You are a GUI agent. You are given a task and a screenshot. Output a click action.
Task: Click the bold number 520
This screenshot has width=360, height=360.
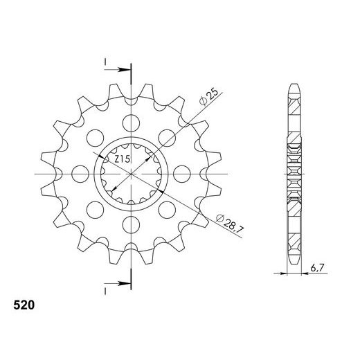click(24, 305)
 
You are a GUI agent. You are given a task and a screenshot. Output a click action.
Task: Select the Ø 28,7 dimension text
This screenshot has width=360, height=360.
click(230, 223)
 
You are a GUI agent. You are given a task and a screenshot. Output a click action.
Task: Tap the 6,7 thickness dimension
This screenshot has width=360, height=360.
click(318, 268)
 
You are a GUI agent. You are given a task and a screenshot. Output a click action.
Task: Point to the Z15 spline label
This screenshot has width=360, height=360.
click(123, 159)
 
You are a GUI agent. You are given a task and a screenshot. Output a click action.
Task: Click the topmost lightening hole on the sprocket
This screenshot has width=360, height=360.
click(131, 123)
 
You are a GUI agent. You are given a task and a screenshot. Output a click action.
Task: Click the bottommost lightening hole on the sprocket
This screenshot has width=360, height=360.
click(131, 224)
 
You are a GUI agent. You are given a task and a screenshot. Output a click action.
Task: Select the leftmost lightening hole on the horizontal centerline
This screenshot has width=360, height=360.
click(80, 174)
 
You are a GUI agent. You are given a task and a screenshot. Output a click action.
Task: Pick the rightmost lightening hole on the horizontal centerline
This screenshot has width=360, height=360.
click(182, 174)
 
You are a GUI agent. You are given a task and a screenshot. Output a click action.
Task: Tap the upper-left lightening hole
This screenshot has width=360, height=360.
click(95, 138)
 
